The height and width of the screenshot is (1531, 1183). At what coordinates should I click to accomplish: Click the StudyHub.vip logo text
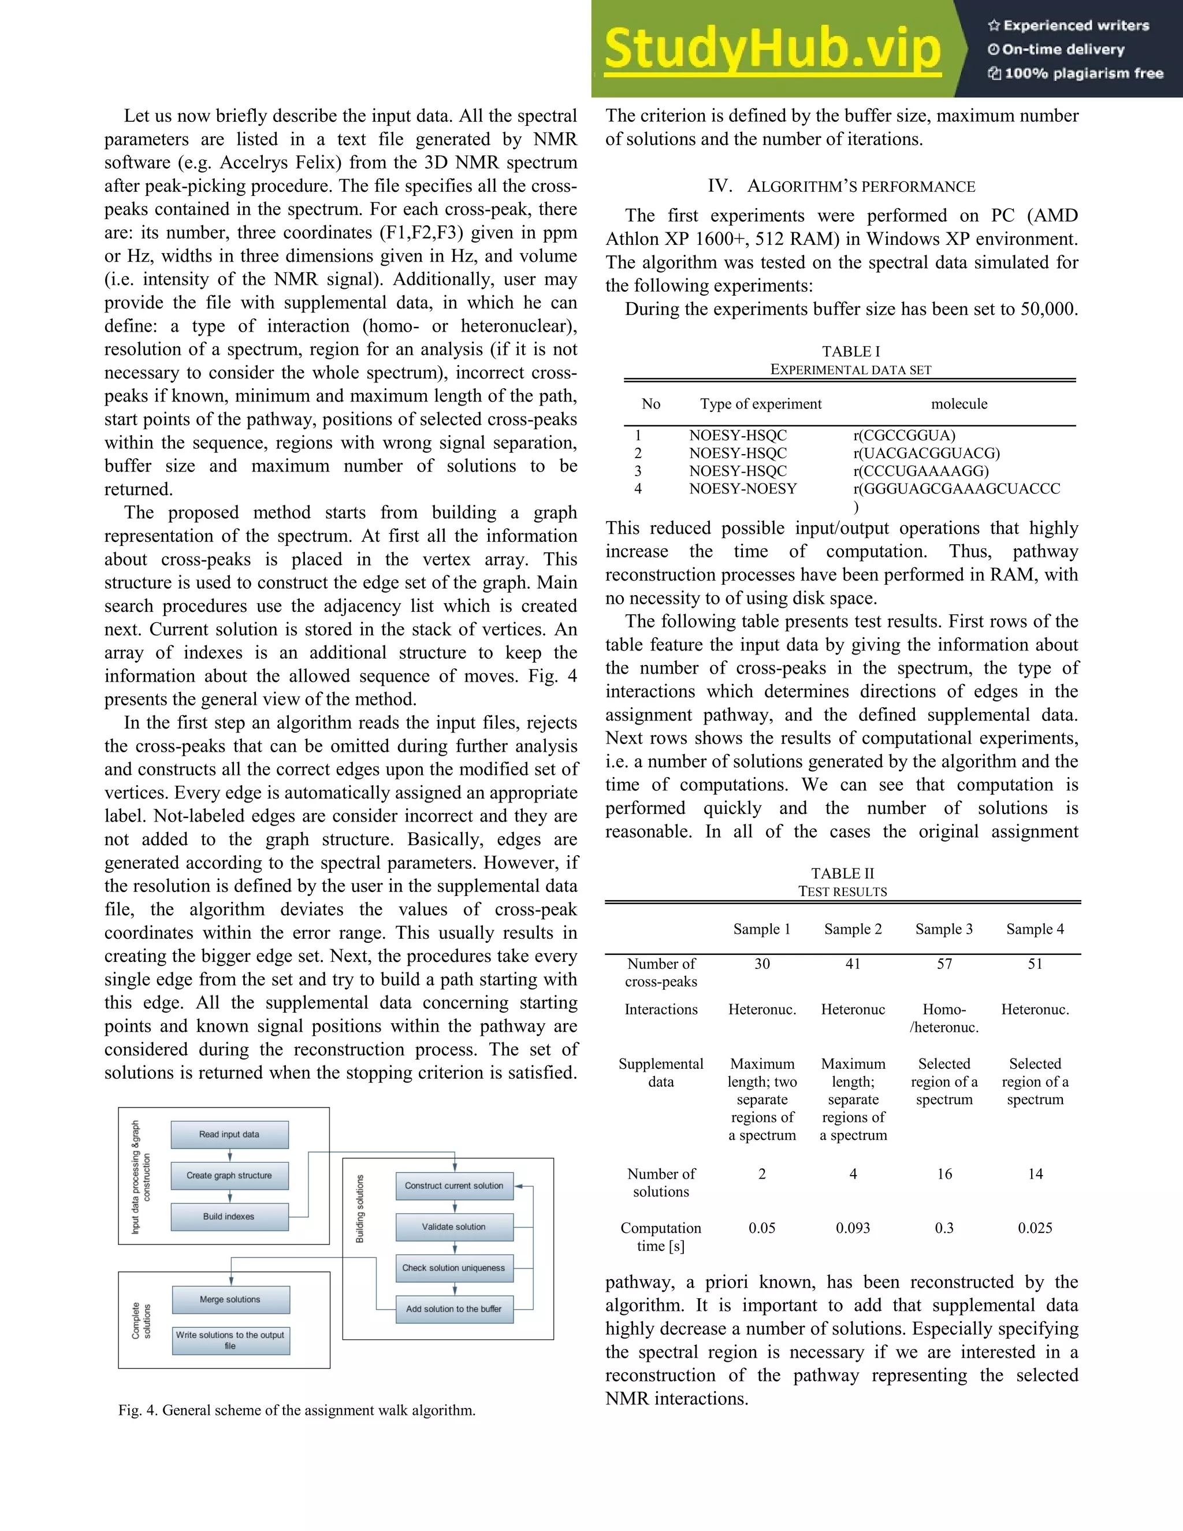[x=772, y=49]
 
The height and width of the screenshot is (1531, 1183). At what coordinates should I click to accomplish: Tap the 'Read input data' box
[x=229, y=1134]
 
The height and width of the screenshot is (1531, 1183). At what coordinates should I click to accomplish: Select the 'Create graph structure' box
[x=229, y=1176]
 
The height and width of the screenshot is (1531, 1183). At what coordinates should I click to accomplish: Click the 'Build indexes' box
[x=229, y=1216]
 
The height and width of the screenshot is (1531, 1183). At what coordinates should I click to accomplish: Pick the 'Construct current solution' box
[x=454, y=1186]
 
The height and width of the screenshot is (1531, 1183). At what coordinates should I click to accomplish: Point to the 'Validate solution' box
[x=454, y=1227]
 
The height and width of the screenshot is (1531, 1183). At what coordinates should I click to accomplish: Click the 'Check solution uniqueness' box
[x=454, y=1268]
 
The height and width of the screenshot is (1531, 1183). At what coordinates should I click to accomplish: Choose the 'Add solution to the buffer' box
[x=454, y=1309]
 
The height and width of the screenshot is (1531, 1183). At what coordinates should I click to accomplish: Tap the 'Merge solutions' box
[x=230, y=1299]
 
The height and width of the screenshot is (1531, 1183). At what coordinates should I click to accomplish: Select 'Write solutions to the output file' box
[x=230, y=1340]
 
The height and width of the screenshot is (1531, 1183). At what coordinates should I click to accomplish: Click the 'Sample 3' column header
[x=944, y=929]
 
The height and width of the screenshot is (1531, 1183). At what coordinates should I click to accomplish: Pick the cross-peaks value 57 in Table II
[x=944, y=964]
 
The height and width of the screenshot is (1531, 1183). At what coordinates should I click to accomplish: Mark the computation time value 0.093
[x=853, y=1228]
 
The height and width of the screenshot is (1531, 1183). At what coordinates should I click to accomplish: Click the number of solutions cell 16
[x=944, y=1173]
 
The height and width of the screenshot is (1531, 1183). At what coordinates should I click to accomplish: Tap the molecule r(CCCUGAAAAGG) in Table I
[x=921, y=471]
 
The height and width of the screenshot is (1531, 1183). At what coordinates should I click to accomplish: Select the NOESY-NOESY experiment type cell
[x=743, y=489]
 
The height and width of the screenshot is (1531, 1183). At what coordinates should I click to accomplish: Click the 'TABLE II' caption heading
[x=842, y=874]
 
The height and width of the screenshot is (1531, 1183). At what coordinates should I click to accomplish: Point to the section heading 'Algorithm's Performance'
[x=841, y=187]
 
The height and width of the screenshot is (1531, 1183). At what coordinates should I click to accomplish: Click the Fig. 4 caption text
[x=297, y=1410]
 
